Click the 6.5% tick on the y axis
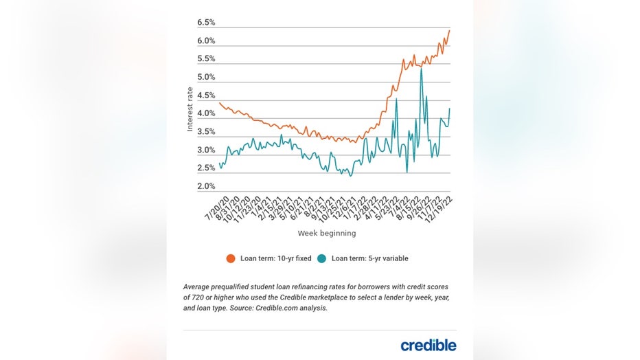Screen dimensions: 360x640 tap(206, 23)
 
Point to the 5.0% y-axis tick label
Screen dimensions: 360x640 tap(206, 77)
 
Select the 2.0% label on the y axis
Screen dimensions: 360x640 tap(206, 186)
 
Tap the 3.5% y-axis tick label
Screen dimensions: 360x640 tap(206, 132)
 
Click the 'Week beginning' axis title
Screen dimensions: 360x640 tap(327, 234)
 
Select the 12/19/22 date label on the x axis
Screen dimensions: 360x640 tap(439, 207)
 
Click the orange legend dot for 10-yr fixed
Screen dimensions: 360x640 tap(231, 259)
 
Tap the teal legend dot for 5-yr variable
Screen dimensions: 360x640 tap(322, 259)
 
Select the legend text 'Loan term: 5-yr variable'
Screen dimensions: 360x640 tap(370, 259)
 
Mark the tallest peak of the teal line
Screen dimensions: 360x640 tap(421, 69)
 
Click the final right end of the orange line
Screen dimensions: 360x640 tap(449, 30)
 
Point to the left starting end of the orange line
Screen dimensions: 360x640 tap(219, 103)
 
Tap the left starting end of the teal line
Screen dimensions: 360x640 tap(219, 163)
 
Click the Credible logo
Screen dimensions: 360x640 tap(428, 345)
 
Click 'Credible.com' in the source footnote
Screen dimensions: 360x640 tap(281, 308)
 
